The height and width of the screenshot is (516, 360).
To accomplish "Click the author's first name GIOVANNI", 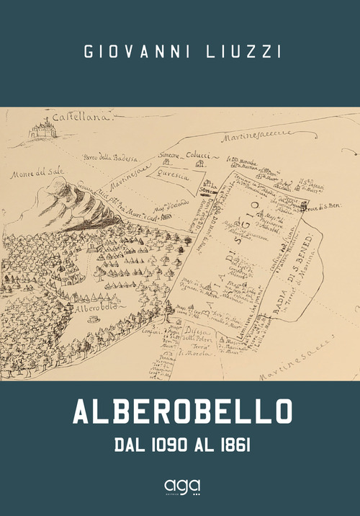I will click(x=134, y=53).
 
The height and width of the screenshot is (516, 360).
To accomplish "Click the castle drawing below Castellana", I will click(x=42, y=130).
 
